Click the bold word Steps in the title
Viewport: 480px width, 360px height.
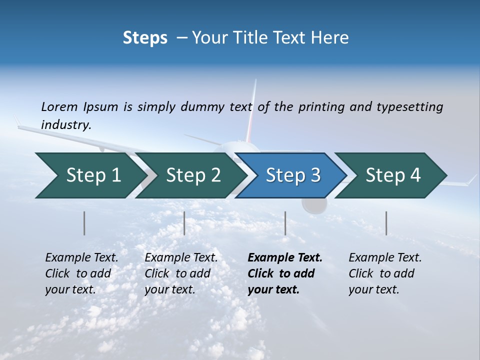click(145, 38)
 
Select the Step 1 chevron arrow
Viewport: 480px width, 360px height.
click(90, 175)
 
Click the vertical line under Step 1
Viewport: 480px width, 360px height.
click(84, 223)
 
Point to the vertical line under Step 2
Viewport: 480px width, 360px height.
click(184, 223)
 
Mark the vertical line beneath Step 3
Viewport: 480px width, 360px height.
click(285, 223)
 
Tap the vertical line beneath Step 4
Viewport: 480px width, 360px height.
click(386, 223)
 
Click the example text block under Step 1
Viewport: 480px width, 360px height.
click(81, 273)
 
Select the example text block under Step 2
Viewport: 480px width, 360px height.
click(181, 273)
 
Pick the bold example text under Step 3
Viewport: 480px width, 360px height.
click(285, 273)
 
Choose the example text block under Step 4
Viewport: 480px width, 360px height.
click(385, 273)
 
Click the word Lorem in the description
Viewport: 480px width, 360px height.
click(59, 106)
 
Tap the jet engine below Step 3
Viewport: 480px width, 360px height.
click(314, 205)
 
